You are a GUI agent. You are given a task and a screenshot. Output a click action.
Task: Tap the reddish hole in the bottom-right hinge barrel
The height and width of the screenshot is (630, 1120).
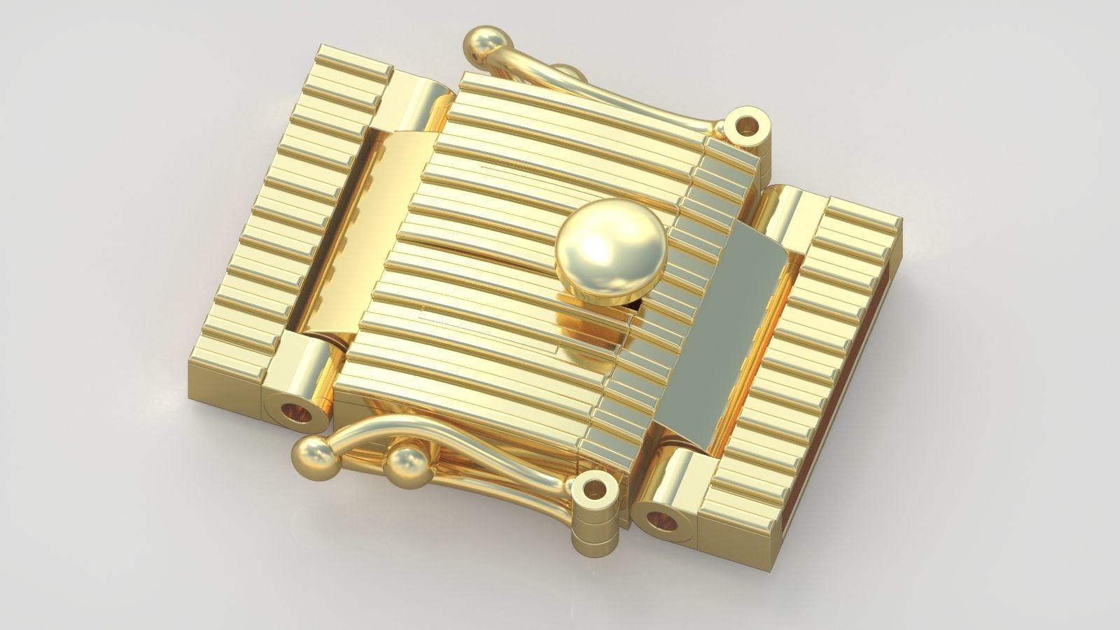(661, 521)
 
